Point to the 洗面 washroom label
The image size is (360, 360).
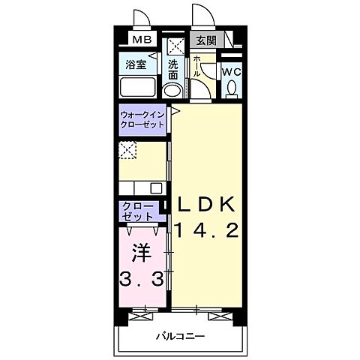[x=173, y=69]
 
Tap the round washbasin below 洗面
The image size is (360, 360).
[x=173, y=91]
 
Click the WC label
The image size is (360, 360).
[x=232, y=71]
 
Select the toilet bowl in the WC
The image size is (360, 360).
[x=232, y=88]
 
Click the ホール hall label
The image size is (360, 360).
[x=196, y=67]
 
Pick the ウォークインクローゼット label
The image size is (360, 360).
[x=142, y=119]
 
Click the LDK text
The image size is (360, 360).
[x=207, y=203]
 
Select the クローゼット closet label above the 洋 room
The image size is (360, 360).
[x=135, y=211]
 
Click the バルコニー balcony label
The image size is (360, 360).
[x=180, y=336]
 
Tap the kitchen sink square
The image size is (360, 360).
[x=156, y=187]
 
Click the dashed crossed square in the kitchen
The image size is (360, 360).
[x=127, y=150]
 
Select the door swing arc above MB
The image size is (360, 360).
[x=140, y=18]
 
